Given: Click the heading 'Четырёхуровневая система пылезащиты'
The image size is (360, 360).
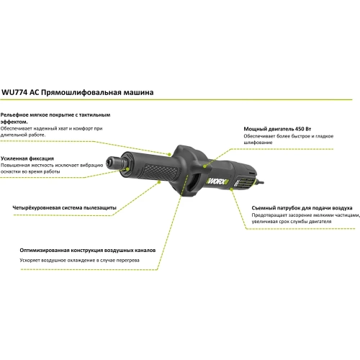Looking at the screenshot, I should point(64,208).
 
